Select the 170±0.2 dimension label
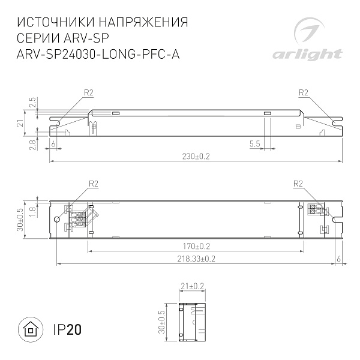[x=196, y=246]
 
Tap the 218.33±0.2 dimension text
[x=196, y=258]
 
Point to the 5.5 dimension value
[x=254, y=144]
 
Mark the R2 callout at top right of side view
[x=302, y=92]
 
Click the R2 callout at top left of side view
[x=88, y=92]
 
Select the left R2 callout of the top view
[x=93, y=183]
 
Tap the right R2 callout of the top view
[x=298, y=183]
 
